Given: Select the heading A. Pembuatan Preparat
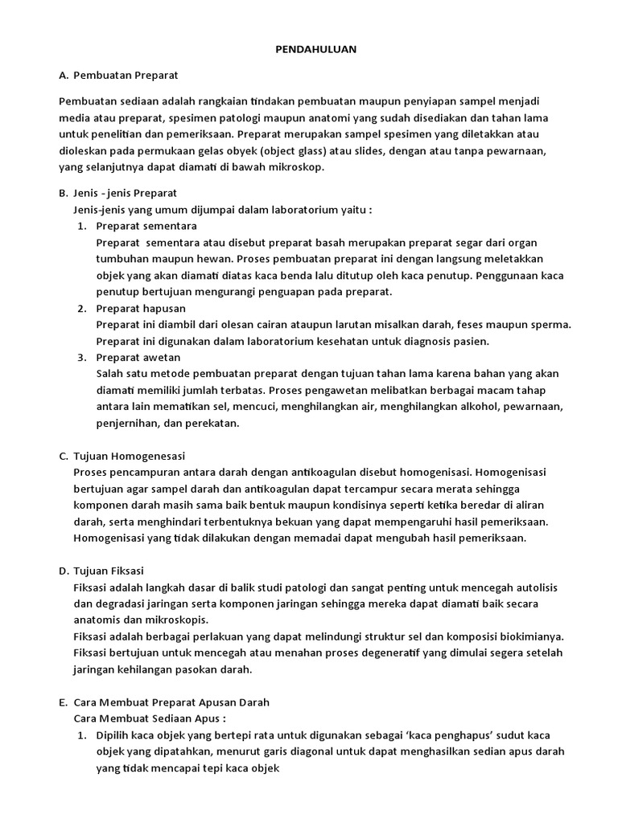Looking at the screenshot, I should (118, 75).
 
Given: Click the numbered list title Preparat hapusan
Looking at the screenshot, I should (141, 308).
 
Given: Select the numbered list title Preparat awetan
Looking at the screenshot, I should (138, 357).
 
